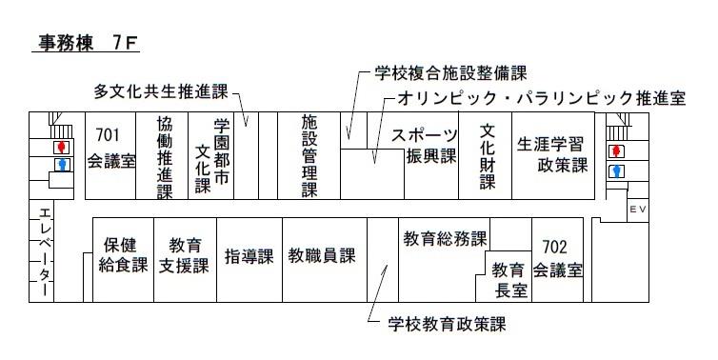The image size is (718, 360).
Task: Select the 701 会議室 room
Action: click(x=111, y=148)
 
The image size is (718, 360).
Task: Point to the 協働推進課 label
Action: click(x=164, y=157)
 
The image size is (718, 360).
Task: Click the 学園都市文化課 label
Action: click(x=211, y=155)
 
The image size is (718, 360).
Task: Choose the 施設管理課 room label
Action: click(x=309, y=156)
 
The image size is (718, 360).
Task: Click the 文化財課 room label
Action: click(x=487, y=155)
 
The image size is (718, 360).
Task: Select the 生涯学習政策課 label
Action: click(x=552, y=155)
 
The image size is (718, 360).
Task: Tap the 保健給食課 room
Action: click(x=123, y=255)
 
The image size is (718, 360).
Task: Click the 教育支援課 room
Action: click(x=184, y=255)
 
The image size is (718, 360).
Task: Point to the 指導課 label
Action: click(x=249, y=256)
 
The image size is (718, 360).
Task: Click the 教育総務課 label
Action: click(x=445, y=237)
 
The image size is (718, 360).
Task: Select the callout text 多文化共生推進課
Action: click(x=160, y=92)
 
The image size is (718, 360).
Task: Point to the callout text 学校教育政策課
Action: click(x=447, y=323)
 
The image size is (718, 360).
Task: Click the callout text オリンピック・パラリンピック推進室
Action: click(x=541, y=97)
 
